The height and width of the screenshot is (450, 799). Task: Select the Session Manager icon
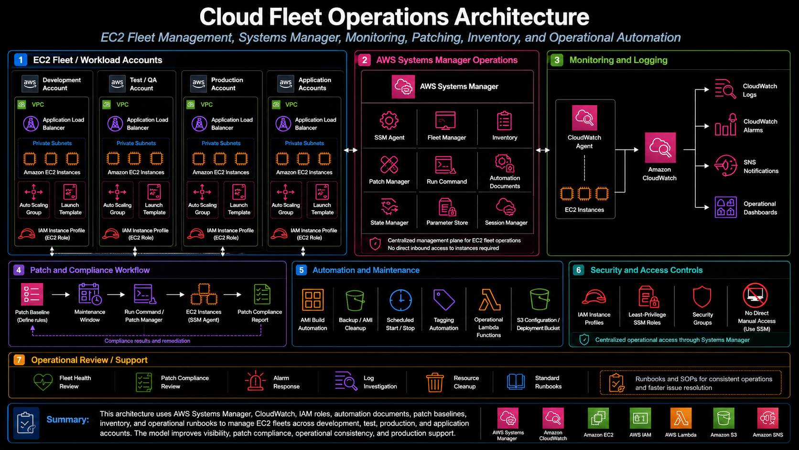(x=506, y=207)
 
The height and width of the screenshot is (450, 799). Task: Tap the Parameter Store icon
(x=447, y=207)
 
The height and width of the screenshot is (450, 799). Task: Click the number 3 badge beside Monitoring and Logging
(x=557, y=60)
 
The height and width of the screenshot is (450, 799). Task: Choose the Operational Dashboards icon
(x=725, y=207)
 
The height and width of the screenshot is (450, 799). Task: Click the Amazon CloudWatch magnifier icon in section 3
(x=660, y=148)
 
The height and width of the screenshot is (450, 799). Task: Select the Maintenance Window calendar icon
(x=90, y=294)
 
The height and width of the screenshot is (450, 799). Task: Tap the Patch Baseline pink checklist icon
(x=32, y=294)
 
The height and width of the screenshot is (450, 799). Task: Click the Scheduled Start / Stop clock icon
(x=400, y=300)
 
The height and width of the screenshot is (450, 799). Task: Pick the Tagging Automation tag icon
(x=444, y=300)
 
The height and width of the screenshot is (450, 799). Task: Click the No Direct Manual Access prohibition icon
(x=755, y=295)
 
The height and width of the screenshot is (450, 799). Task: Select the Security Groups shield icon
(x=702, y=296)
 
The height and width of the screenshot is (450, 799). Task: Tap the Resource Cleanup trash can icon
(x=435, y=382)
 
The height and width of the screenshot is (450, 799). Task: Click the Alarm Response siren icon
(x=255, y=381)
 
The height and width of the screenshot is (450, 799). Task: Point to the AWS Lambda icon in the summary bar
(x=680, y=418)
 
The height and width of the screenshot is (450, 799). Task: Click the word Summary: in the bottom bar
(x=68, y=419)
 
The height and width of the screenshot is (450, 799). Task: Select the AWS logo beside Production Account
(x=198, y=84)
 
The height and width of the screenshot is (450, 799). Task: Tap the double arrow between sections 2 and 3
(x=542, y=150)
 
